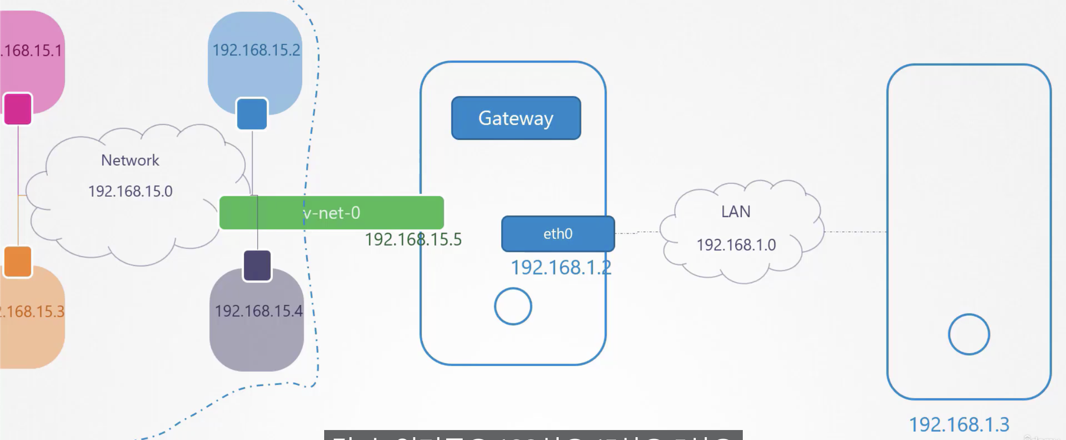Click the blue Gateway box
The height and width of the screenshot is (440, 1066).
click(516, 118)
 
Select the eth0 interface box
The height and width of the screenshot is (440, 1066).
click(558, 234)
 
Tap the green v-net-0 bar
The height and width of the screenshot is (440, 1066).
click(331, 213)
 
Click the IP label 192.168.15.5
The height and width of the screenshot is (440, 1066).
click(413, 239)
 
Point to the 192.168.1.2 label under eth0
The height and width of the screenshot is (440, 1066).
click(561, 268)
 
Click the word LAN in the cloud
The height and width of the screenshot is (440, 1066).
click(736, 211)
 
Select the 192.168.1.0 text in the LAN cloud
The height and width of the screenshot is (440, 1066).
click(736, 245)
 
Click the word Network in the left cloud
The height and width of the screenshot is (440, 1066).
click(130, 160)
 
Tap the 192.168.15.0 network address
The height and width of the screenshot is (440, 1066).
click(130, 192)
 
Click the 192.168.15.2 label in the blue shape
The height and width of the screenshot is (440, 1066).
click(256, 50)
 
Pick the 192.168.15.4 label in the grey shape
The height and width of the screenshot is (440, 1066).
click(258, 311)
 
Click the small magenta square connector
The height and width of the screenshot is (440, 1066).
click(18, 109)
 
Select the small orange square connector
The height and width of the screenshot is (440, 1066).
click(18, 261)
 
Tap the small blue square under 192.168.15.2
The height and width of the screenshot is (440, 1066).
click(252, 114)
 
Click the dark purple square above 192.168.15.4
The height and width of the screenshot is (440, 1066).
click(257, 266)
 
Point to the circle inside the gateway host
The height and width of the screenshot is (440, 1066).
click(513, 306)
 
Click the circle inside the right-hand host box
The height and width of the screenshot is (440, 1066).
click(969, 334)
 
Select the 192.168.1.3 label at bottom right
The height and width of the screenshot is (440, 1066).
click(959, 424)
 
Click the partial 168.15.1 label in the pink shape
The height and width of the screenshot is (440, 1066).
click(31, 50)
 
